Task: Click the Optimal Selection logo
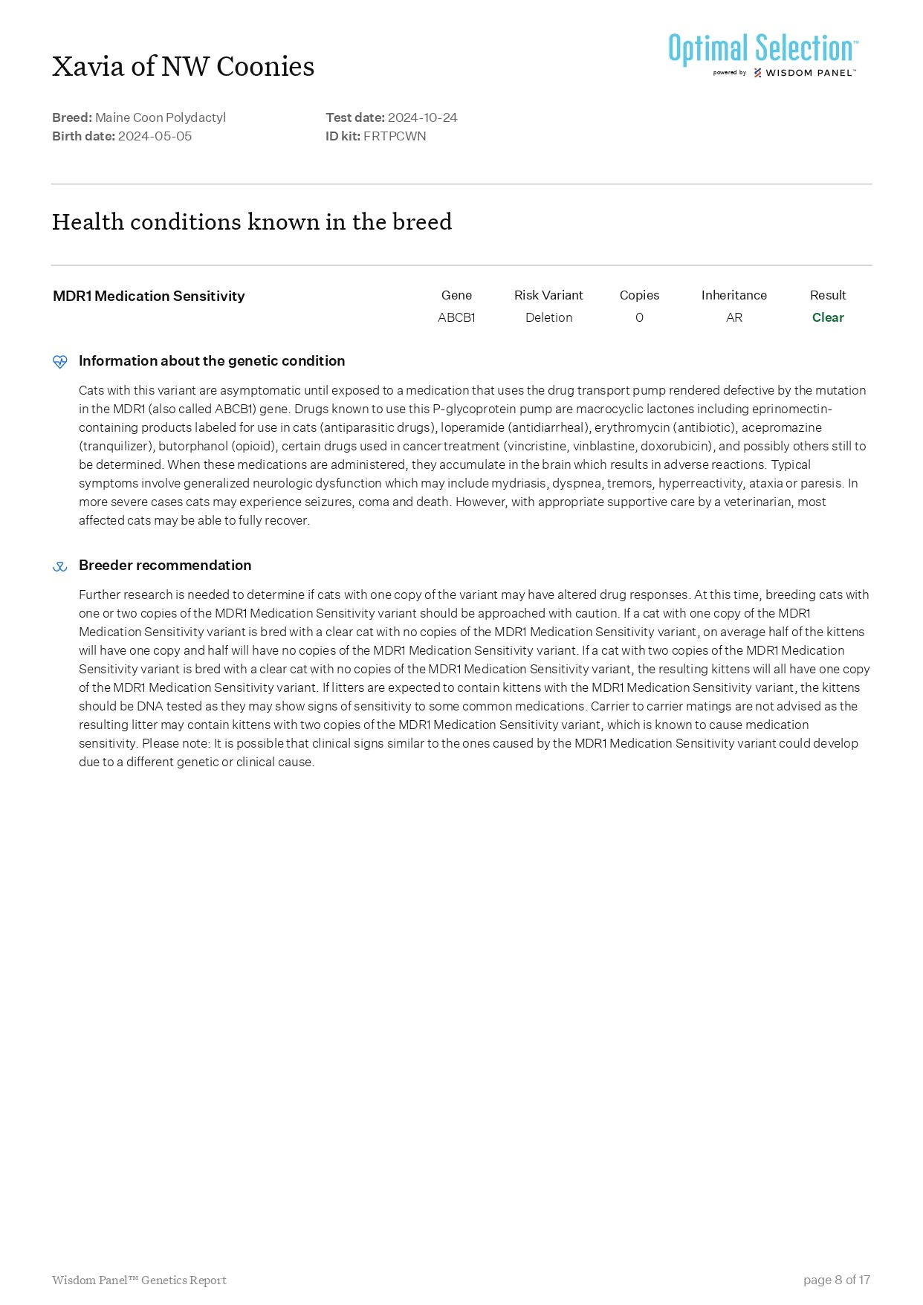(x=762, y=54)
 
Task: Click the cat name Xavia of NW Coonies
(x=183, y=67)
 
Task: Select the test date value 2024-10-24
(x=422, y=117)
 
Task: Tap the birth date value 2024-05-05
(x=155, y=136)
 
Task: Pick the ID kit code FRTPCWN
(x=395, y=136)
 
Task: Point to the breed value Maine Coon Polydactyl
(x=161, y=117)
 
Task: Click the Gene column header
(x=456, y=295)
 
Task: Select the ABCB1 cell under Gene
(x=456, y=317)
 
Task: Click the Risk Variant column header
(x=548, y=295)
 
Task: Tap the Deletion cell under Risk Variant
(x=548, y=317)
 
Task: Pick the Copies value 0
(x=639, y=317)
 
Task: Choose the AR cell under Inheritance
(x=733, y=317)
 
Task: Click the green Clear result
(x=828, y=317)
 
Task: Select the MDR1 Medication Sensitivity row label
(x=149, y=296)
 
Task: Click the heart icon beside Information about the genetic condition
(x=60, y=362)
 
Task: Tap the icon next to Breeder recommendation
(x=60, y=566)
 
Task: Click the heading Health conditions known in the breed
(x=252, y=221)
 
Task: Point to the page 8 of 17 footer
(x=836, y=1280)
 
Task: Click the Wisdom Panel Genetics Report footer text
(x=139, y=1280)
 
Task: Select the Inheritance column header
(x=733, y=295)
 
